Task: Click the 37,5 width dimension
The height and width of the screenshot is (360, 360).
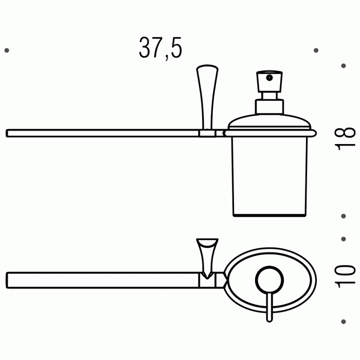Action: (x=160, y=47)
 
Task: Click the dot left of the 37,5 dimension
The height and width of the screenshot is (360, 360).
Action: (x=6, y=50)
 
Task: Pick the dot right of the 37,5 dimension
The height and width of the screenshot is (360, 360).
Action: (x=316, y=50)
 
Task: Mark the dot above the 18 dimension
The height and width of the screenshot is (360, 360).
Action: (x=344, y=66)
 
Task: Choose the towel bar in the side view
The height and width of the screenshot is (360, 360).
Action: (x=103, y=134)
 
